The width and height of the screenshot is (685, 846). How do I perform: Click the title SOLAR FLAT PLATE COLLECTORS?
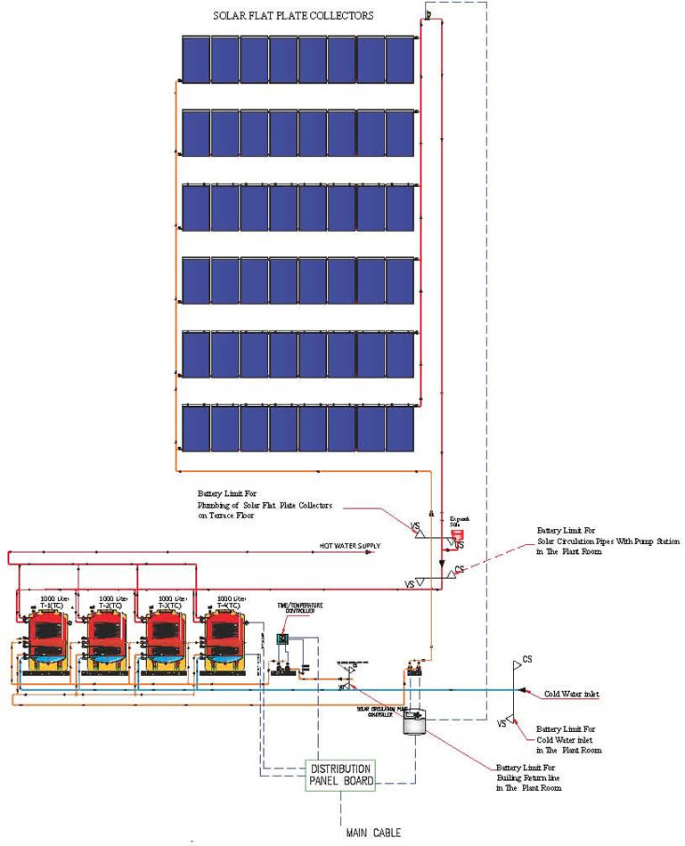point(293,16)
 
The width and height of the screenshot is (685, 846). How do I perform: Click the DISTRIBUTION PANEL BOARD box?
point(341,775)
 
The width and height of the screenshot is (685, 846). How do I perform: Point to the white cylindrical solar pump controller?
point(412,720)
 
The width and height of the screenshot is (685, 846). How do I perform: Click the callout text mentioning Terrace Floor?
point(265,504)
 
